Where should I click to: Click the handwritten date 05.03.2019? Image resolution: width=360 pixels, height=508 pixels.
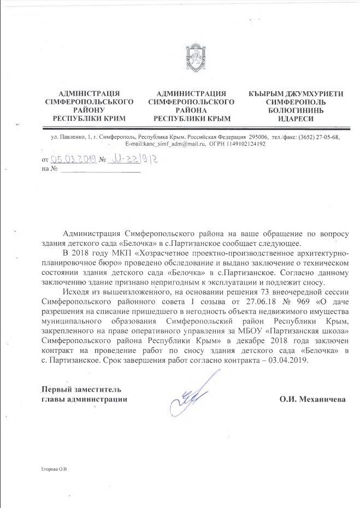(x=73, y=159)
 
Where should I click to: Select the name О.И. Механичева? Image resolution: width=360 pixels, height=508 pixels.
(x=312, y=399)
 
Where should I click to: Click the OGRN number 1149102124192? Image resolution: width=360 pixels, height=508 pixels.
(x=241, y=144)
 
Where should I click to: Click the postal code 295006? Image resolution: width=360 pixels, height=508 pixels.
(x=258, y=137)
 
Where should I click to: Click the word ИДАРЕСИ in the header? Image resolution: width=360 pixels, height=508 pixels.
(x=296, y=118)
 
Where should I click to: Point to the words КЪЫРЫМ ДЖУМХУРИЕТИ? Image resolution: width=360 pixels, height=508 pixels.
(x=296, y=93)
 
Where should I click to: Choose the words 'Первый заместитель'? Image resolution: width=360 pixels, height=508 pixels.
(x=82, y=389)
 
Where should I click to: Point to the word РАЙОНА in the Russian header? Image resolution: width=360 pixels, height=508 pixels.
(x=192, y=110)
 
